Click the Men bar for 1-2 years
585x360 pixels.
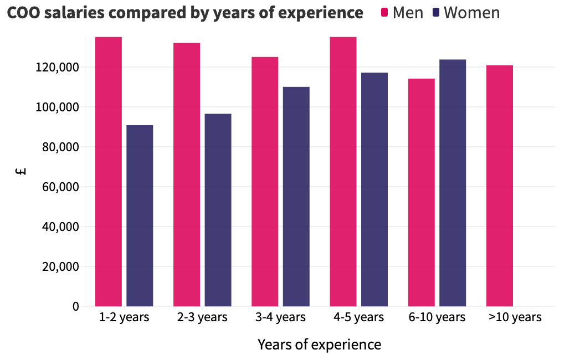pos(109,172)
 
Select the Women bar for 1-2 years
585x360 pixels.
pos(140,215)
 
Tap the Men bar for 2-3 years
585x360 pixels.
pos(187,174)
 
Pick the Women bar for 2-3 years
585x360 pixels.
pos(218,210)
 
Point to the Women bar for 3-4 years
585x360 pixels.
pos(296,197)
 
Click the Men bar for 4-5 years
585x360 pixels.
pos(343,172)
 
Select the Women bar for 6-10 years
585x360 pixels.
pos(453,183)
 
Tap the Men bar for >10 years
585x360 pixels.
pos(500,186)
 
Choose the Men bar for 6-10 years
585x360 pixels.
pos(421,193)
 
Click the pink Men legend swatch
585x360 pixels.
pos(384,13)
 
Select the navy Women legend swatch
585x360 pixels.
pos(436,13)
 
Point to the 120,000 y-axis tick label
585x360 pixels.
pos(58,67)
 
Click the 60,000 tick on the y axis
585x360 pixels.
pos(60,187)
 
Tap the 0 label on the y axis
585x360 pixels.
pos(76,306)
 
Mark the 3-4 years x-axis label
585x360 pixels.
pos(280,317)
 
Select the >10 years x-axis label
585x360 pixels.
pos(515,317)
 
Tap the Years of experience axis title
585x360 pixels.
pos(319,344)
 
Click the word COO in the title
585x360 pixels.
pos(23,13)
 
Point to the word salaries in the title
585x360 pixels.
pos(74,13)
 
